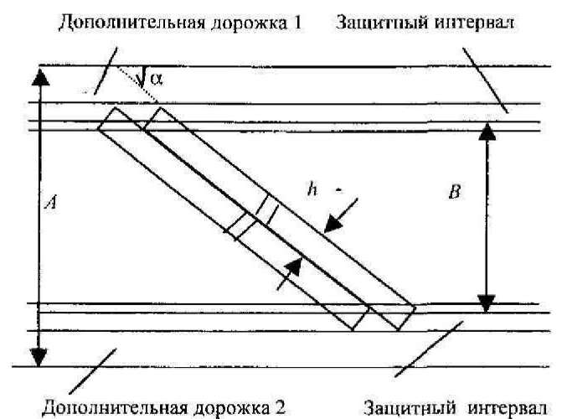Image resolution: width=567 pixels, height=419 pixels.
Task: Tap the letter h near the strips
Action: [310, 189]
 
